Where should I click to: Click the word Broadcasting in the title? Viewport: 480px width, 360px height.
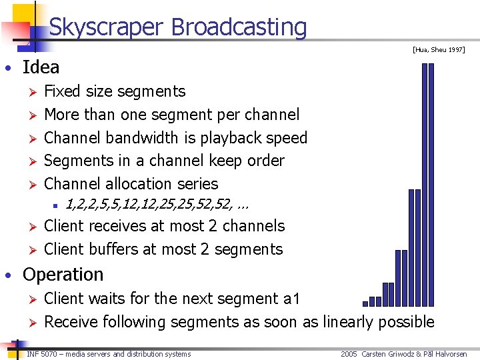[239, 27]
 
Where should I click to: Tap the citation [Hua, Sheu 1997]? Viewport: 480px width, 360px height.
[438, 49]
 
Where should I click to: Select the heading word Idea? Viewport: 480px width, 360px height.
[41, 67]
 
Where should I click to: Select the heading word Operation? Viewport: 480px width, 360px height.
[63, 275]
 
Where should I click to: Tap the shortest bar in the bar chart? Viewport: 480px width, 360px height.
[365, 303]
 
